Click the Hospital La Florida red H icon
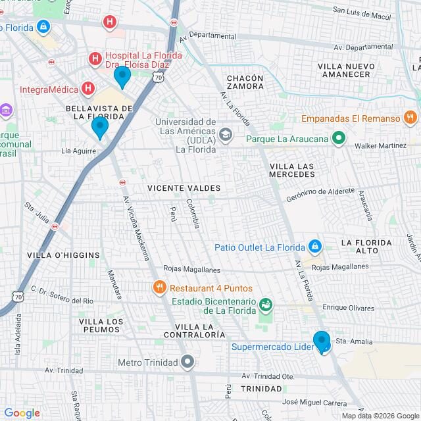click(95, 59)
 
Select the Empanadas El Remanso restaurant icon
click(410, 118)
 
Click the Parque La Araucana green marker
click(339, 138)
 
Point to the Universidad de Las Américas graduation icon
click(226, 135)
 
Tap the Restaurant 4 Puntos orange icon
click(159, 287)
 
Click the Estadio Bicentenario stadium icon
click(265, 304)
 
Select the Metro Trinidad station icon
click(188, 362)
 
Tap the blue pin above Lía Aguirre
click(99, 126)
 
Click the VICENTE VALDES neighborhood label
click(184, 188)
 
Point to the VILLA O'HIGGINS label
click(63, 255)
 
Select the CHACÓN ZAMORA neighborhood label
click(245, 83)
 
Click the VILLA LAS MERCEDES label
click(291, 170)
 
